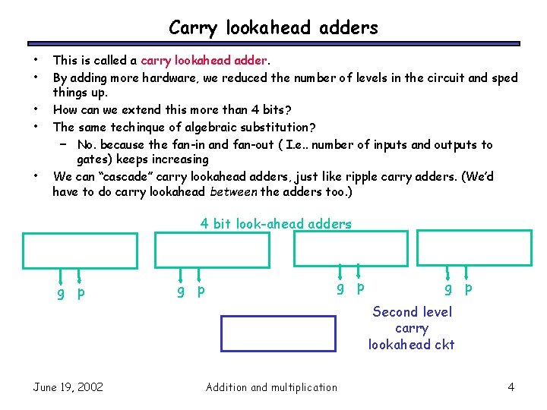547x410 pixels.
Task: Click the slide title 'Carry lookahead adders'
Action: point(273,28)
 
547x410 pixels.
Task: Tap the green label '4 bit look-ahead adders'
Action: point(276,224)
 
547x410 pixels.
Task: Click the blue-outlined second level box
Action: point(278,334)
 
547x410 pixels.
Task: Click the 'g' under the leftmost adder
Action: point(61,293)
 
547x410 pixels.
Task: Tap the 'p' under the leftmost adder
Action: point(81,293)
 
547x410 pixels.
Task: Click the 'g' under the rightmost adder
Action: point(448,289)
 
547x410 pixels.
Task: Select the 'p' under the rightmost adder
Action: point(468,289)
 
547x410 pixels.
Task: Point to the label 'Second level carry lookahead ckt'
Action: point(412,328)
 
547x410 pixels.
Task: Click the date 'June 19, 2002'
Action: point(68,387)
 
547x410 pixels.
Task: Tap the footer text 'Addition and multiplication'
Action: point(271,387)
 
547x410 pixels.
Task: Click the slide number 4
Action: point(511,387)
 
